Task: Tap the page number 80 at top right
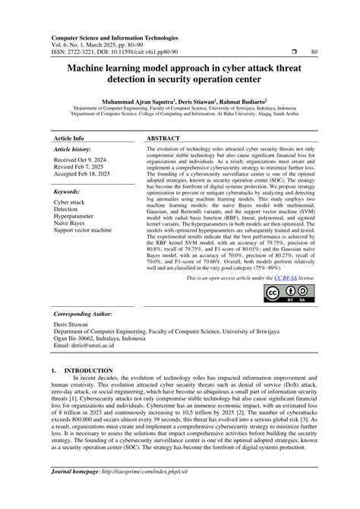(x=313, y=52)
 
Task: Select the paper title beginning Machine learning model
(x=181, y=74)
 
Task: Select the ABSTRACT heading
(x=163, y=140)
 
